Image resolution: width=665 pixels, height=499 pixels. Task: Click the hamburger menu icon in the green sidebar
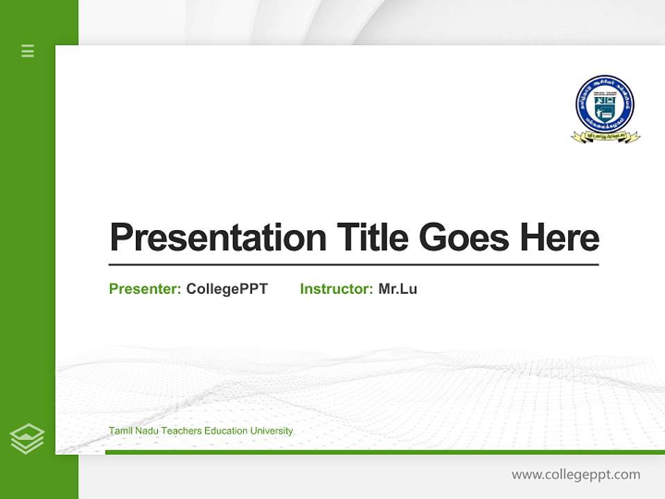coord(28,51)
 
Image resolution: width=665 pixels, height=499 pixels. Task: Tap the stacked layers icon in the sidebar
coord(27,439)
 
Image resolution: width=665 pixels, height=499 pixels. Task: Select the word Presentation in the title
coord(218,238)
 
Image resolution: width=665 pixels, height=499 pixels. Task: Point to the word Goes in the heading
coord(465,238)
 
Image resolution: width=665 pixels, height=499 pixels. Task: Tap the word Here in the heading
coord(560,238)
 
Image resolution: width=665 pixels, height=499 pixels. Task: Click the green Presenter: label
coord(145,289)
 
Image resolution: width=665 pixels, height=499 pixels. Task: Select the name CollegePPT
coord(227,289)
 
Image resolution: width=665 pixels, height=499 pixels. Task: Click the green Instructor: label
coord(336,289)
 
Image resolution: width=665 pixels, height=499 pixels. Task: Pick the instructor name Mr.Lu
coord(398,289)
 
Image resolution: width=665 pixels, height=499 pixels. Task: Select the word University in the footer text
coord(272,431)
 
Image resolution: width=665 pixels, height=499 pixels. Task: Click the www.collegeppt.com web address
coord(576,475)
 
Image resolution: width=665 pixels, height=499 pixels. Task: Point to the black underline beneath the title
coord(353,265)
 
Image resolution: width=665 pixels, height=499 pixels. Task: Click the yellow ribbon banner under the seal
coord(605,137)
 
